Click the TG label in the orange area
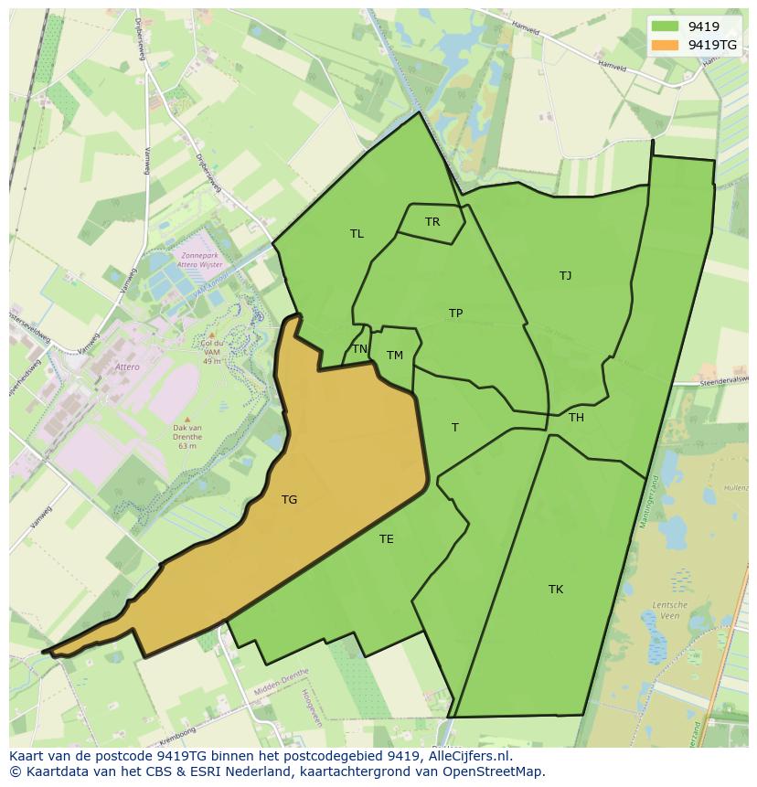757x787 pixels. click(x=289, y=499)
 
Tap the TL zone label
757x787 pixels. click(x=357, y=234)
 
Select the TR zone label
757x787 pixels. click(x=432, y=221)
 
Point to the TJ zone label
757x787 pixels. click(x=565, y=275)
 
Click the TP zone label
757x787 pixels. click(x=455, y=314)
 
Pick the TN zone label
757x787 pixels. click(x=359, y=349)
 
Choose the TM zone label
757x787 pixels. click(x=394, y=356)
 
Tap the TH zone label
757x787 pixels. click(x=576, y=418)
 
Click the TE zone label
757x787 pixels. click(x=386, y=539)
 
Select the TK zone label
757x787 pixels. click(x=556, y=590)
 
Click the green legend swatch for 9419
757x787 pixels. click(x=665, y=27)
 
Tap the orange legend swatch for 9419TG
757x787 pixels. click(x=665, y=45)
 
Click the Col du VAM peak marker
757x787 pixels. click(x=212, y=335)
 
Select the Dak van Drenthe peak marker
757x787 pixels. click(x=187, y=420)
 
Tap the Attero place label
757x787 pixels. click(x=127, y=367)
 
